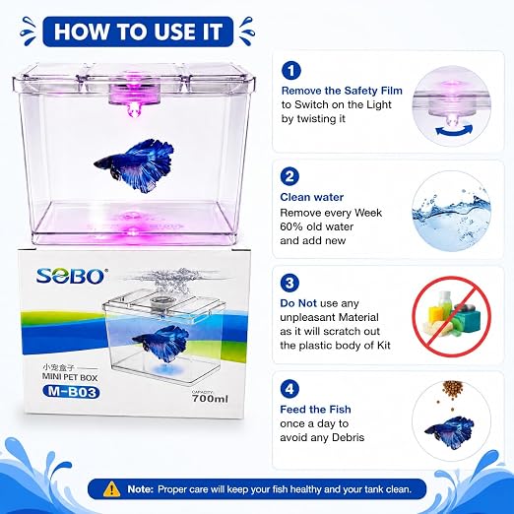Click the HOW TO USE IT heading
click(x=138, y=32)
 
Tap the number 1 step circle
click(x=290, y=71)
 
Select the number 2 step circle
click(x=289, y=177)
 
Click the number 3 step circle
click(x=289, y=283)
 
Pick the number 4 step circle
click(x=289, y=389)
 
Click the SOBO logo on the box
click(x=70, y=277)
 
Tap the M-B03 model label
click(x=71, y=392)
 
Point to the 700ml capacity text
click(x=210, y=399)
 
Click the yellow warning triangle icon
click(x=111, y=489)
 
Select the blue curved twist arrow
click(x=454, y=132)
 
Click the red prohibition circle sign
click(x=451, y=316)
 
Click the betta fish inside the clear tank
click(x=135, y=165)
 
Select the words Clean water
click(x=312, y=197)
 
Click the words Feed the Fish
click(x=315, y=410)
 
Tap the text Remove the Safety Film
click(x=342, y=91)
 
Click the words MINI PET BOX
click(x=70, y=377)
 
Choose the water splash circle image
click(x=452, y=211)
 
